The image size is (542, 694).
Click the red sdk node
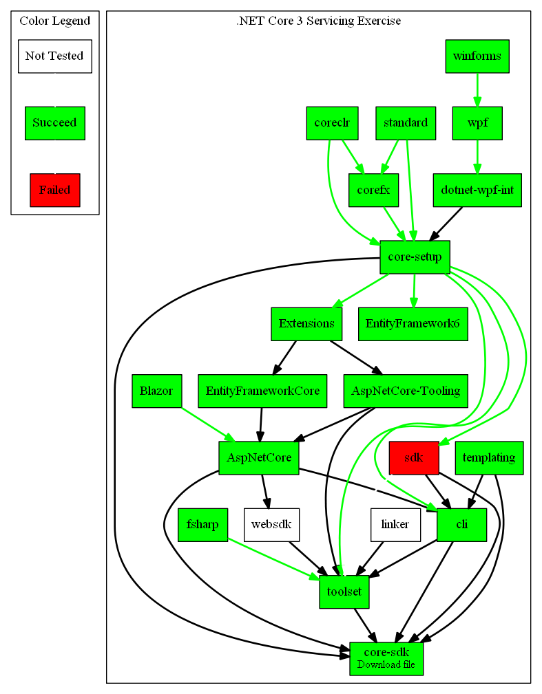[413, 458]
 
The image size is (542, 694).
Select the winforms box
[477, 56]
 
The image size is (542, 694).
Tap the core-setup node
[415, 257]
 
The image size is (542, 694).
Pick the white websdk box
[271, 525]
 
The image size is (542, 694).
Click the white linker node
[395, 525]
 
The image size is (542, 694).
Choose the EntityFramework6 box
[413, 324]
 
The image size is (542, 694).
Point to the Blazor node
[156, 391]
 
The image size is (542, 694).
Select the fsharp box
[202, 525]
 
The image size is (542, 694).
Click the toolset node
[344, 592]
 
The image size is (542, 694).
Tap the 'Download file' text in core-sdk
[386, 664]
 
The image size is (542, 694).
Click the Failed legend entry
[55, 190]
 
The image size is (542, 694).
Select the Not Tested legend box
[54, 56]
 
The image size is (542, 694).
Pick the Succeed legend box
[54, 123]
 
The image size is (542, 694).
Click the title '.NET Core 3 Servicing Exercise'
[318, 21]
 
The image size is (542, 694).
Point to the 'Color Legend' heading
[54, 21]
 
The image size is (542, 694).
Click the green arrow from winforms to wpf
[477, 89]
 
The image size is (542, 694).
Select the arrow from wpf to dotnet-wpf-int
[477, 156]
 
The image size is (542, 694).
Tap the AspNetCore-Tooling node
[406, 391]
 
